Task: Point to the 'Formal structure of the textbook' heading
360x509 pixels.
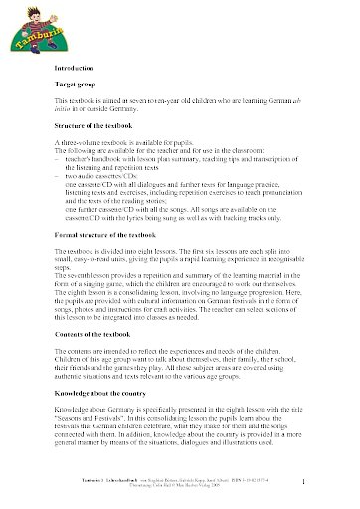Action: [x=110, y=288]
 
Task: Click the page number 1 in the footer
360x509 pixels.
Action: [x=330, y=484]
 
